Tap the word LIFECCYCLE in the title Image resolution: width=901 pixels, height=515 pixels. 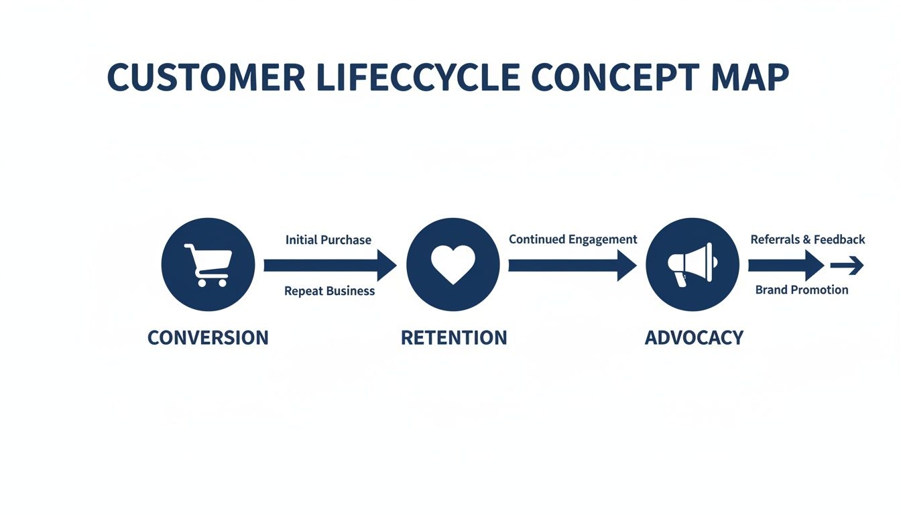pyautogui.click(x=417, y=78)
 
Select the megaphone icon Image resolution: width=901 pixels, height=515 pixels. pyautogui.click(x=692, y=264)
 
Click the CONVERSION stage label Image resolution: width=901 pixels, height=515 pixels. pyautogui.click(x=208, y=337)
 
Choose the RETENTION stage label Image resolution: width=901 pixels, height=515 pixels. pyautogui.click(x=454, y=337)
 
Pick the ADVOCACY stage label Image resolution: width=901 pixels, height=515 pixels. pyautogui.click(x=694, y=337)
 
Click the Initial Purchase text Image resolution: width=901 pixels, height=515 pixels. pyautogui.click(x=328, y=240)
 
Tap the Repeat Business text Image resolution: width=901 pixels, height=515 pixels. pyautogui.click(x=329, y=291)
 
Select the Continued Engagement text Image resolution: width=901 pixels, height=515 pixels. pyautogui.click(x=573, y=239)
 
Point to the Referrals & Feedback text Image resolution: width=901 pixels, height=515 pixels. pyautogui.click(x=808, y=239)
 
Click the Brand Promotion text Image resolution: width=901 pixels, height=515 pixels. pyautogui.click(x=802, y=290)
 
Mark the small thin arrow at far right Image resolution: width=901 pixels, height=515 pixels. pyautogui.click(x=847, y=266)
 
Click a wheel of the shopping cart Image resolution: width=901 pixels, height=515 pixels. pyautogui.click(x=200, y=283)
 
